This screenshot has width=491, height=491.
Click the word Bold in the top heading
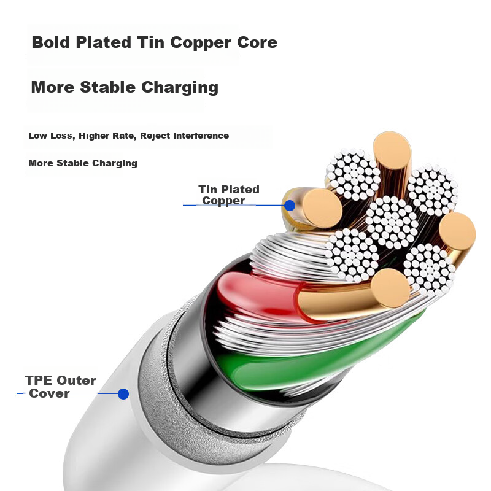pyautogui.click(x=50, y=42)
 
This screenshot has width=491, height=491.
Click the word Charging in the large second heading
pyautogui.click(x=180, y=88)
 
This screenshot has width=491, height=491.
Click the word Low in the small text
pyautogui.click(x=37, y=136)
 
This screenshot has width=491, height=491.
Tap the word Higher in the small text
pyautogui.click(x=93, y=136)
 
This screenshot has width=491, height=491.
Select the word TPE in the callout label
pyautogui.click(x=39, y=381)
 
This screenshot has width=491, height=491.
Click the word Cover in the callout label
pyautogui.click(x=49, y=393)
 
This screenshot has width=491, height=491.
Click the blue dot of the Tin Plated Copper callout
pyautogui.click(x=290, y=206)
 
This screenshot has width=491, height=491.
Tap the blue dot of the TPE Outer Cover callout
pyautogui.click(x=123, y=394)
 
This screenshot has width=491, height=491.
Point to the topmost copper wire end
pyautogui.click(x=392, y=151)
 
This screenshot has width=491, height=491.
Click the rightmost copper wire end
pyautogui.click(x=457, y=232)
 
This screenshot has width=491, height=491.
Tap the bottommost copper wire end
pyautogui.click(x=390, y=288)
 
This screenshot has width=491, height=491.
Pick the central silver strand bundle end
pyautogui.click(x=392, y=222)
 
